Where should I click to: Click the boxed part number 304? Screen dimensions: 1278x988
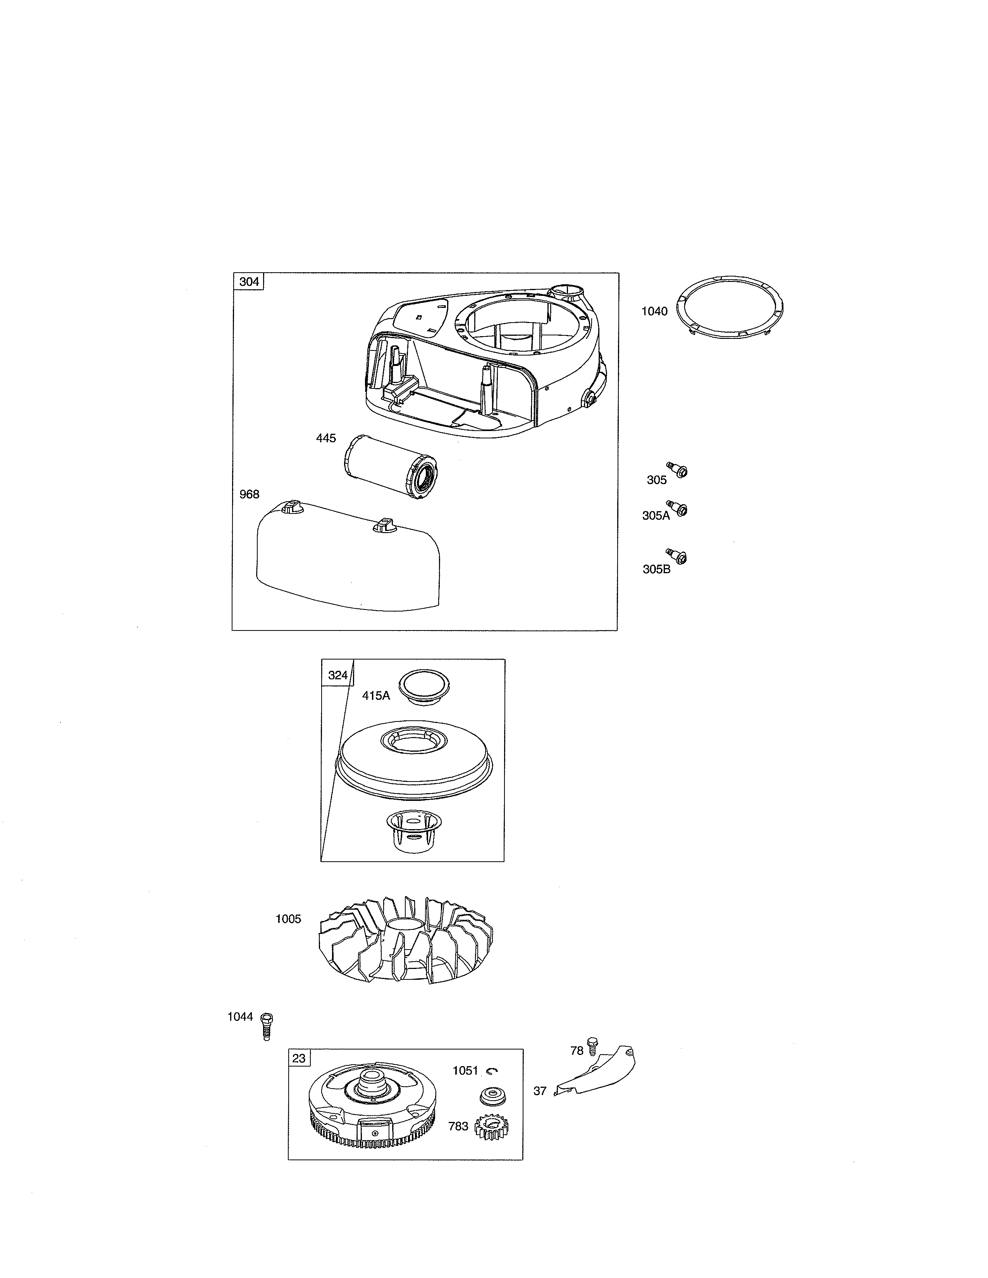249,282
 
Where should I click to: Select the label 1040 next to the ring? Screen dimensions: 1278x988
654,311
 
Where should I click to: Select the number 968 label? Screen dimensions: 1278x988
250,495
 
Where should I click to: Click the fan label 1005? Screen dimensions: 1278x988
288,919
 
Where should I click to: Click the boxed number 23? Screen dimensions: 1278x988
299,1058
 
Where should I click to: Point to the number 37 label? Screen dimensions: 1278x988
540,1091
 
